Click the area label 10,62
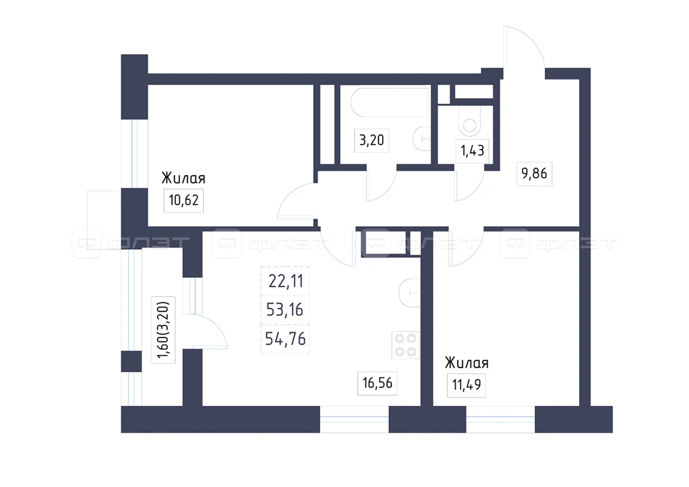(184, 201)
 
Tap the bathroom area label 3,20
(371, 140)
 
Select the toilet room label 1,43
(472, 151)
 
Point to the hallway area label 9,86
(535, 174)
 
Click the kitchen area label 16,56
(377, 383)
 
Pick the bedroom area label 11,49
(466, 385)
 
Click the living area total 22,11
(286, 281)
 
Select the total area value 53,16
(285, 309)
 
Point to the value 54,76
(285, 339)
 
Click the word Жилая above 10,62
(184, 178)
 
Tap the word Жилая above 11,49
(467, 363)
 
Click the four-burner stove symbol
(405, 345)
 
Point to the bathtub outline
(389, 102)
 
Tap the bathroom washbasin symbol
(421, 139)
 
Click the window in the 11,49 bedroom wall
(501, 419)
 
